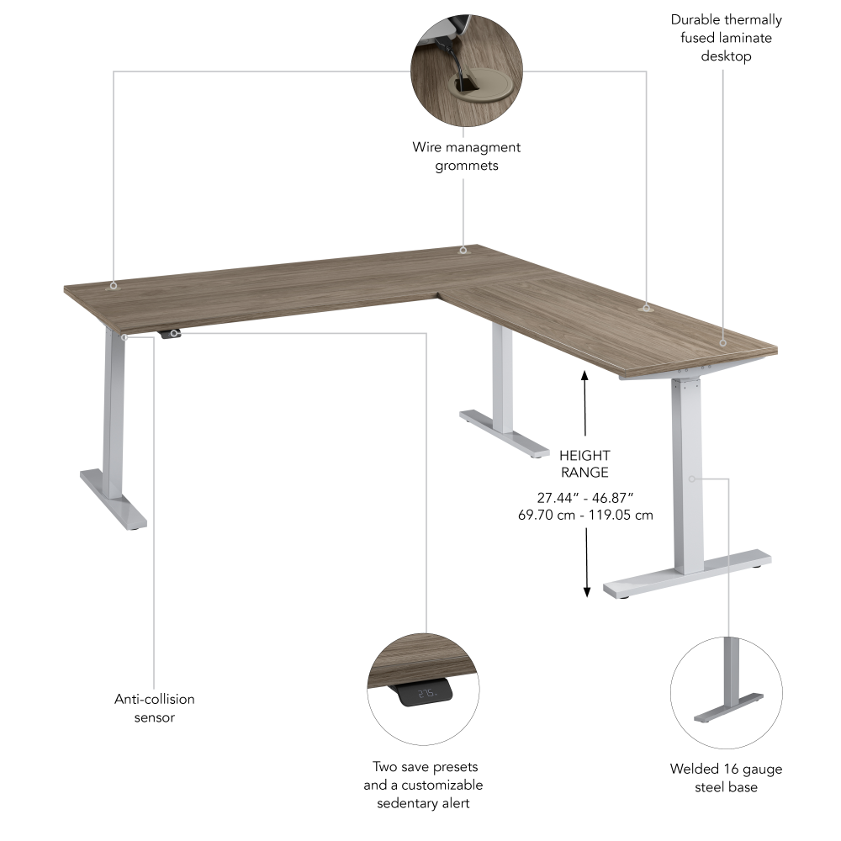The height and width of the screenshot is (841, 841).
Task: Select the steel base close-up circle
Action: pos(725,691)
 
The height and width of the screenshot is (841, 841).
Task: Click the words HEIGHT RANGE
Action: pos(584,464)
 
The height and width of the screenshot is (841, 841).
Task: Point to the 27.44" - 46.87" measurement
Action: pos(584,498)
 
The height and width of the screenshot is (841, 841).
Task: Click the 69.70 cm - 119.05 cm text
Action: pos(585,515)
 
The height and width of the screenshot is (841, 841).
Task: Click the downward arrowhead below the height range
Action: pos(586,591)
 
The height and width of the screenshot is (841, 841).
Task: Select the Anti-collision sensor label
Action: pos(155,708)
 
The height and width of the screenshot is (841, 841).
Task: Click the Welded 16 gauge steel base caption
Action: pos(726,778)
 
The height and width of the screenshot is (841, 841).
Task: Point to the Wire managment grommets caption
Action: pos(466,156)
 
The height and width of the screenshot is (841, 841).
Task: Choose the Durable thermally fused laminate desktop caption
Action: pos(726,38)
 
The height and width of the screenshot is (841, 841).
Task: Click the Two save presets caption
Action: pos(423,785)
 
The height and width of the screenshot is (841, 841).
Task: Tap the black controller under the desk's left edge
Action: pos(171,334)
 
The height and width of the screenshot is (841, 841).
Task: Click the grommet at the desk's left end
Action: pos(113,286)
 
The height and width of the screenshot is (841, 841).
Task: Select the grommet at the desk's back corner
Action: pos(462,250)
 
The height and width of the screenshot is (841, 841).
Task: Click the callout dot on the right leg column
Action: pos(691,479)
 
